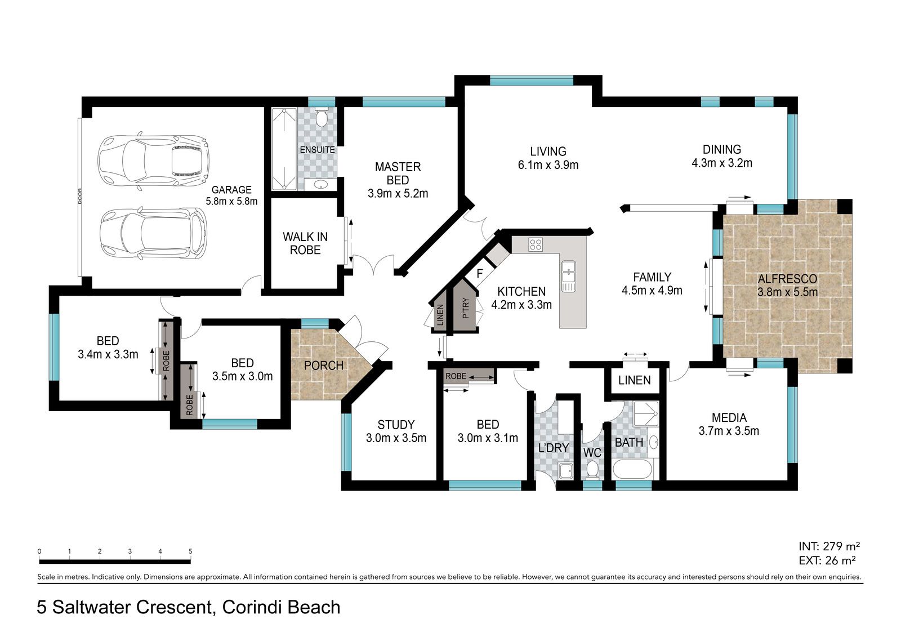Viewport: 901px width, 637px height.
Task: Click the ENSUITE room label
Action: [x=318, y=150]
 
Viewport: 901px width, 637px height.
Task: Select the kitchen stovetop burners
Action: [x=536, y=244]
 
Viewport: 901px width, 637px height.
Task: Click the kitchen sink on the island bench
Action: [x=569, y=275]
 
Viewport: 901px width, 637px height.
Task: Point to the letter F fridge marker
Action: [x=479, y=274]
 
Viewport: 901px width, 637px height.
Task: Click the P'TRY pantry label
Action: [x=465, y=308]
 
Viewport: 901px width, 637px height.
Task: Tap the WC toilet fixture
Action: [x=592, y=470]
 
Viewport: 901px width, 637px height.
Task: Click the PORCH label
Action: [x=324, y=366]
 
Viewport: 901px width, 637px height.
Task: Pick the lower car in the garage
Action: [x=153, y=234]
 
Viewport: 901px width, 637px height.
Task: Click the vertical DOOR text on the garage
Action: [x=79, y=196]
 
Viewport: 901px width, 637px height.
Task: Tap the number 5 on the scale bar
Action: [x=190, y=551]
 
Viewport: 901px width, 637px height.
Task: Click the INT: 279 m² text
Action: [x=829, y=546]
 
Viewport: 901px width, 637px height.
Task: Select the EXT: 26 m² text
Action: [x=827, y=560]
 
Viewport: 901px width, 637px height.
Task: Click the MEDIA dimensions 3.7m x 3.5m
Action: [x=729, y=431]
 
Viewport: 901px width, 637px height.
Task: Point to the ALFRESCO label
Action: [x=788, y=279]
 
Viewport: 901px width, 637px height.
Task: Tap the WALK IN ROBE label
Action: [x=305, y=243]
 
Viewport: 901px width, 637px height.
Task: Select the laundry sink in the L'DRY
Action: [x=565, y=471]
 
